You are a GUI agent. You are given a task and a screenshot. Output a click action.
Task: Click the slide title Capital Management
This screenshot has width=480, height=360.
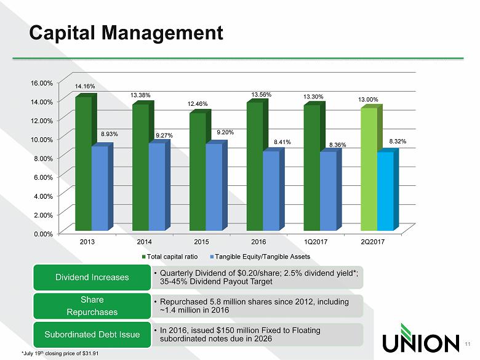126,31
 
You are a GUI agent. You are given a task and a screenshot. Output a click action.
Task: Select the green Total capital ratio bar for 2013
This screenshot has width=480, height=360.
83,163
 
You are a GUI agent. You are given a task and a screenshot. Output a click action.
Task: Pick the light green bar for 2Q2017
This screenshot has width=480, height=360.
369,169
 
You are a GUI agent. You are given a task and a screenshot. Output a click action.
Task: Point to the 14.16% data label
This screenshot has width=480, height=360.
85,87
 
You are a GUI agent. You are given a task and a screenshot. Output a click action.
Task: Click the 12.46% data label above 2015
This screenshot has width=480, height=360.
198,105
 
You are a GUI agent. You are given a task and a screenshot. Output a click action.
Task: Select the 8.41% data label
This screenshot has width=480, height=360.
282,142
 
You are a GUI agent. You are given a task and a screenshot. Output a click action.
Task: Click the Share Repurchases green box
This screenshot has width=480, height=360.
93,306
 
